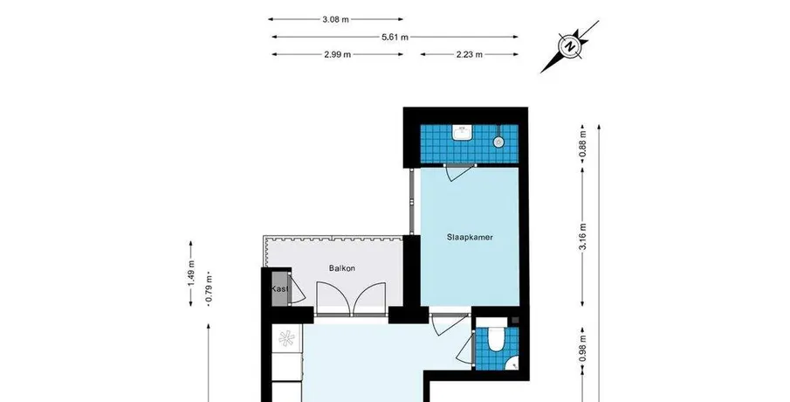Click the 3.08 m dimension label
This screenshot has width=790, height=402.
[x=335, y=20]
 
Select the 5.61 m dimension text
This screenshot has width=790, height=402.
[x=395, y=37]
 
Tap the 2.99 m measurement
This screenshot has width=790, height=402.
[x=338, y=54]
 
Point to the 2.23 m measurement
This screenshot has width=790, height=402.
[x=469, y=54]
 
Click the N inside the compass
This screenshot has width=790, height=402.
[x=570, y=46]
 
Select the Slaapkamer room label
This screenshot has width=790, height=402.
[x=470, y=237]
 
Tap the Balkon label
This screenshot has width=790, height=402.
[x=342, y=268]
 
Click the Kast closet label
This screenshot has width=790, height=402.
[x=280, y=289]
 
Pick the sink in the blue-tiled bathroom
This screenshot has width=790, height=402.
[x=462, y=133]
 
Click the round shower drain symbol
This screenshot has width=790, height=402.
[x=498, y=142]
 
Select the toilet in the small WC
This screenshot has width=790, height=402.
[x=497, y=339]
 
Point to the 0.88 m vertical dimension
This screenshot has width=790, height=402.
[x=583, y=143]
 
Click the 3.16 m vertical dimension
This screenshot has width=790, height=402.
[x=583, y=237]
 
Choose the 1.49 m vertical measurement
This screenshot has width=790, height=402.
[x=191, y=274]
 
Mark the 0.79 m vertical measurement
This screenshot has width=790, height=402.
[x=209, y=290]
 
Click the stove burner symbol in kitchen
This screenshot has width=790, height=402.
[x=286, y=338]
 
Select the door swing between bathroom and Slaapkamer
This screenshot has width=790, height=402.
[x=459, y=172]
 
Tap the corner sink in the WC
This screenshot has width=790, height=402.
[x=513, y=363]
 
